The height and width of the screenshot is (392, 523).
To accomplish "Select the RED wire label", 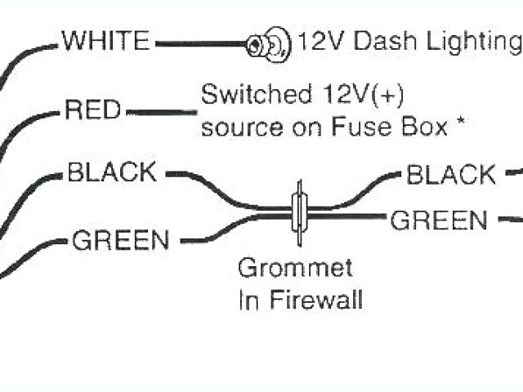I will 93,109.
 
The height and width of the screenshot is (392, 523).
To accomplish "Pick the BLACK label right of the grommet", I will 451,175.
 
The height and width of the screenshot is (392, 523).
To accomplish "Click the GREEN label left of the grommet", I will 120,241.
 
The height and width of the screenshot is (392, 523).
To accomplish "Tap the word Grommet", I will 295,268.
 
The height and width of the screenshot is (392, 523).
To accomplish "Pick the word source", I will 242,128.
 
